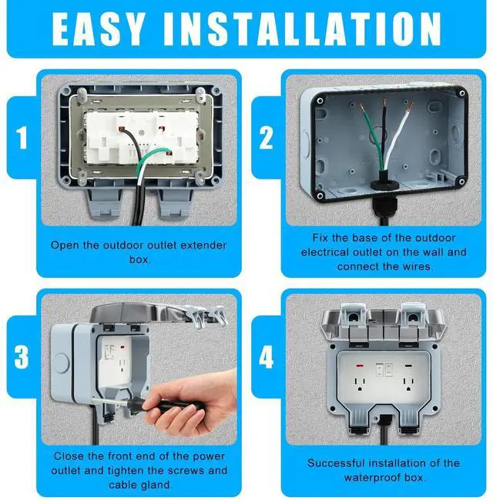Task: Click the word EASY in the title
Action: click(98, 29)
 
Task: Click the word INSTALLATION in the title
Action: click(302, 29)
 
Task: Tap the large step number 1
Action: click(22, 138)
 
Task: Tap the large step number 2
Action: click(266, 138)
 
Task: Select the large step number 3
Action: click(22, 357)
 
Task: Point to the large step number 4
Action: click(266, 357)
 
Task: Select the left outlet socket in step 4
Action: click(360, 384)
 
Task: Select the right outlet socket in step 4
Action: click(409, 384)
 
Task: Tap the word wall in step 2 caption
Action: click(433, 252)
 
